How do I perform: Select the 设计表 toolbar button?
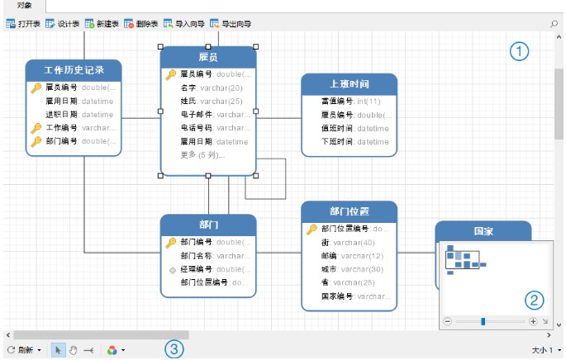[63, 25]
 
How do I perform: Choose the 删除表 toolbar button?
[141, 25]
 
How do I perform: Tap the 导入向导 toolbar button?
[184, 25]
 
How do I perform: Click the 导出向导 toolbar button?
[232, 25]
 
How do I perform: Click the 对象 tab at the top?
[25, 6]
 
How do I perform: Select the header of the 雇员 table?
[208, 57]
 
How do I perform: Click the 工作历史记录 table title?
[74, 70]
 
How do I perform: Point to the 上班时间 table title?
[348, 84]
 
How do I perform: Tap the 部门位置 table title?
[348, 211]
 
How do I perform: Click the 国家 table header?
[483, 232]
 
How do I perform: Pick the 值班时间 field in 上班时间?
[338, 129]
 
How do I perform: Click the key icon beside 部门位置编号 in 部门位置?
[312, 229]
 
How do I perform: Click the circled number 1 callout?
[518, 52]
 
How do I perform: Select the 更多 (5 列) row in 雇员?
[202, 154]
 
